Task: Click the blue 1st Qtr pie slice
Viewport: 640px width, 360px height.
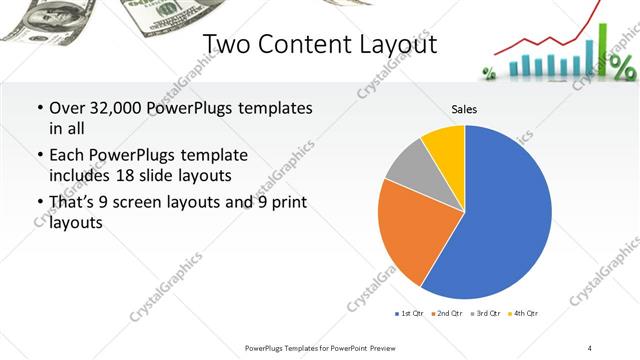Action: pyautogui.click(x=500, y=220)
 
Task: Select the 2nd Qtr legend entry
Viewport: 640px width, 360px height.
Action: pyautogui.click(x=446, y=314)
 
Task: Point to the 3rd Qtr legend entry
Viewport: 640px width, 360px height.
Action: pyautogui.click(x=485, y=314)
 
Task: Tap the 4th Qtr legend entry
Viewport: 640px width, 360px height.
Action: pyautogui.click(x=523, y=314)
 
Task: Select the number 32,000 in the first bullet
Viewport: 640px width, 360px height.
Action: pyautogui.click(x=109, y=108)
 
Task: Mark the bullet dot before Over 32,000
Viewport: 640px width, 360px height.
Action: pyautogui.click(x=38, y=108)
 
